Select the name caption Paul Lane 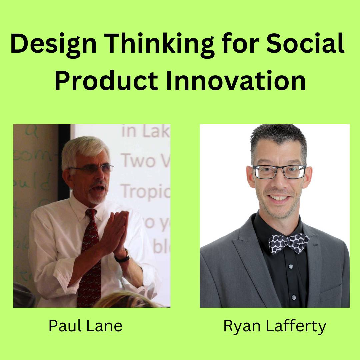pyautogui.click(x=85, y=326)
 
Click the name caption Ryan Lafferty pyautogui.click(x=275, y=326)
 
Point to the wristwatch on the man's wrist pyautogui.click(x=123, y=256)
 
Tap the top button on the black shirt pyautogui.click(x=291, y=266)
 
